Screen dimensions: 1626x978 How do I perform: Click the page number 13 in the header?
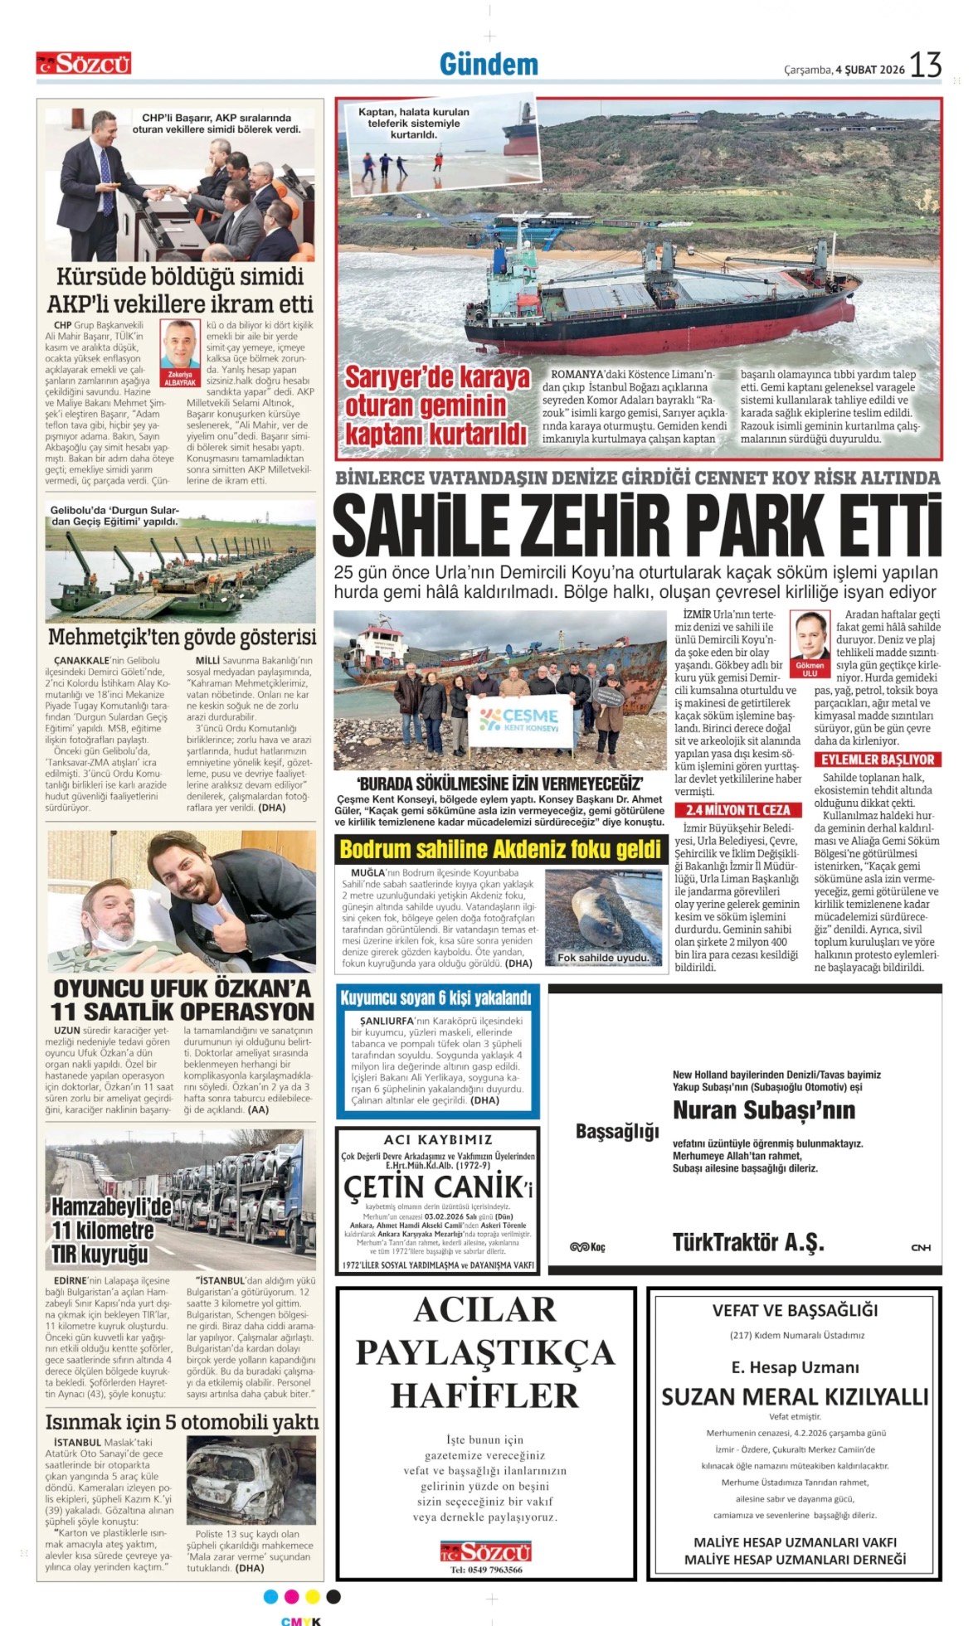click(x=926, y=65)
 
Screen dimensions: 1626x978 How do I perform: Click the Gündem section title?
click(x=489, y=64)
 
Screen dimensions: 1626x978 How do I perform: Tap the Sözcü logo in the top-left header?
click(x=84, y=64)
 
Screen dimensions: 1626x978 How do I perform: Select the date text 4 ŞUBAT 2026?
click(x=870, y=70)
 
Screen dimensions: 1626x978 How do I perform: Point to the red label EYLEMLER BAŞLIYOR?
click(x=877, y=760)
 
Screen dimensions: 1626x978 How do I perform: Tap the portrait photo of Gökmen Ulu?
click(x=810, y=637)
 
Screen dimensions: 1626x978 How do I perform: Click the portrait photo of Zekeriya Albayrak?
click(x=180, y=346)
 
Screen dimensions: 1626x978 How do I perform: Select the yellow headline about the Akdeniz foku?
click(x=501, y=850)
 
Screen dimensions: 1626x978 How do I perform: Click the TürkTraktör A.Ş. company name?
click(x=748, y=1242)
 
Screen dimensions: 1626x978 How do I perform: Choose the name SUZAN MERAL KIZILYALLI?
click(x=794, y=1397)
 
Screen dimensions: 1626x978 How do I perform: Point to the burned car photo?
click(x=250, y=1480)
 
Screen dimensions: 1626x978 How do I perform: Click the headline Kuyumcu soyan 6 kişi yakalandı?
click(x=435, y=997)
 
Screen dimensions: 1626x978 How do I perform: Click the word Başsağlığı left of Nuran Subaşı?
click(x=617, y=1132)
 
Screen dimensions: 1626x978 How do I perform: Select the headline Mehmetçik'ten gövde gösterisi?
click(x=182, y=637)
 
